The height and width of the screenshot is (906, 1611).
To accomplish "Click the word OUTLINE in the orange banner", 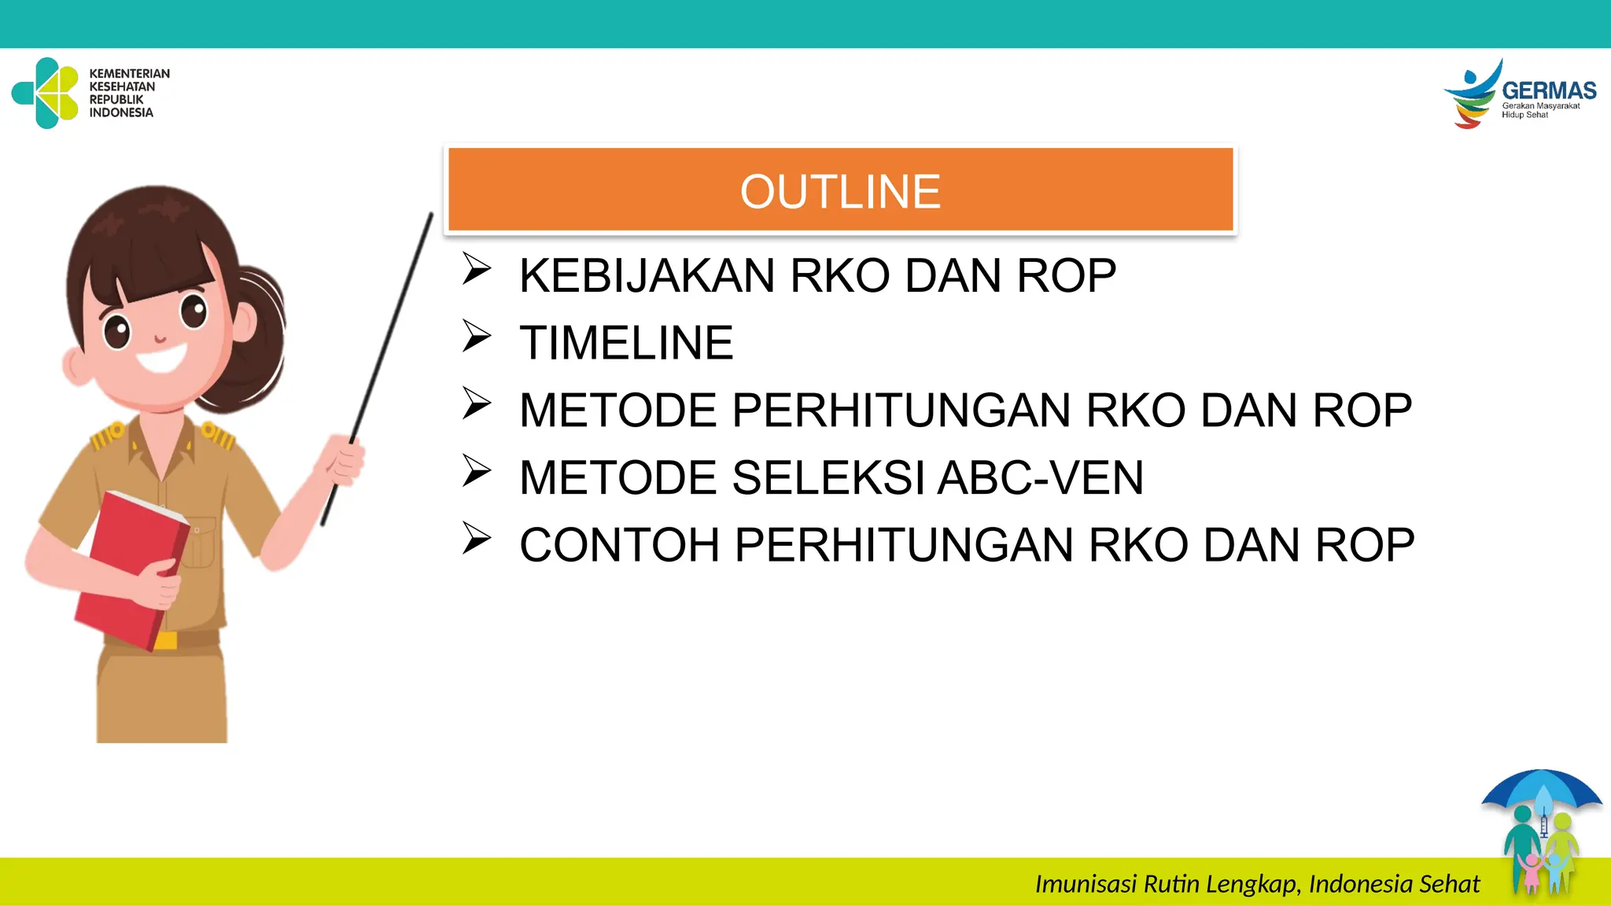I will click(840, 192).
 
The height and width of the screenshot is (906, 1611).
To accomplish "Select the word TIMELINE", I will click(626, 344).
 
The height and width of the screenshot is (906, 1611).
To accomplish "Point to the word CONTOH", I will click(620, 546).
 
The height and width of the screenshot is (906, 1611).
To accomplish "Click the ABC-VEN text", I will click(1041, 478).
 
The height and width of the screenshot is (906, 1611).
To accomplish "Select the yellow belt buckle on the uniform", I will click(166, 640).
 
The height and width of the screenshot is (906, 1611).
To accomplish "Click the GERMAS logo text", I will click(1548, 90).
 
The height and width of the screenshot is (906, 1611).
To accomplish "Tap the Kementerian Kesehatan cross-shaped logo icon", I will click(46, 93).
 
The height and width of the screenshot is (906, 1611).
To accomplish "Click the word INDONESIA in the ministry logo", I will click(121, 112).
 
